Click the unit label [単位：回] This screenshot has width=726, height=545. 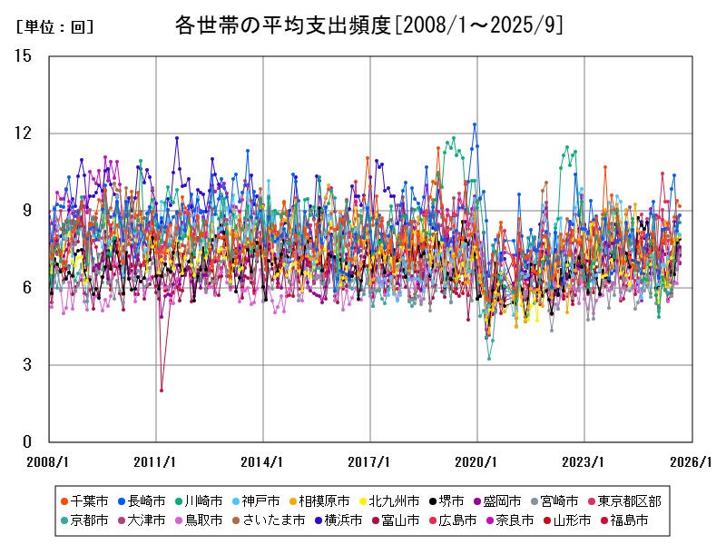click(55, 27)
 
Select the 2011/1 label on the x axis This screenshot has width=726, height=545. click(155, 461)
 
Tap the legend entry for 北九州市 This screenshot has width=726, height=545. click(388, 500)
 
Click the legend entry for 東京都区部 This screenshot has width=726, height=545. click(635, 500)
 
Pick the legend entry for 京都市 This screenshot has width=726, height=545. click(90, 520)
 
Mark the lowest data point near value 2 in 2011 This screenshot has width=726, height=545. click(162, 391)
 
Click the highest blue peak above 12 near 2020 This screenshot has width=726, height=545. click(475, 124)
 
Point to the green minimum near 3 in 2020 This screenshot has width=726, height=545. click(488, 359)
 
